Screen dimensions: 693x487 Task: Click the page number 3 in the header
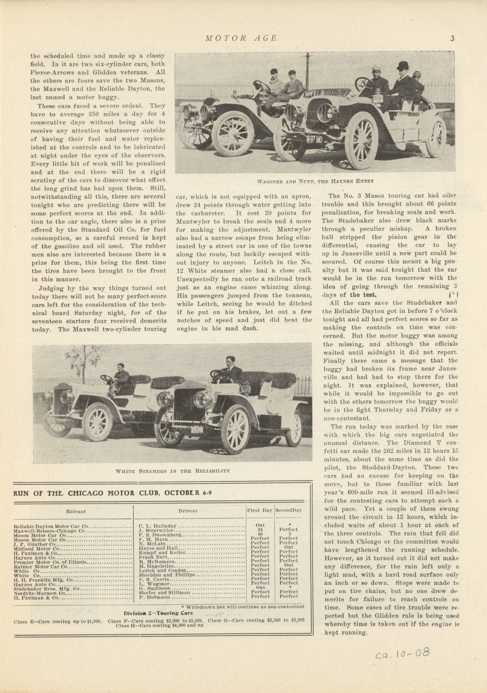(452, 38)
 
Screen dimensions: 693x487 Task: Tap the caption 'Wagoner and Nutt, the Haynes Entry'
(315, 181)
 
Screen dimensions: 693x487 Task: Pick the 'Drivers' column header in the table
(188, 511)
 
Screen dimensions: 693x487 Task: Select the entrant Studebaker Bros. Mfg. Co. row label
(47, 588)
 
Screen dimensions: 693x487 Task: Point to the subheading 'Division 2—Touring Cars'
(158, 613)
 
